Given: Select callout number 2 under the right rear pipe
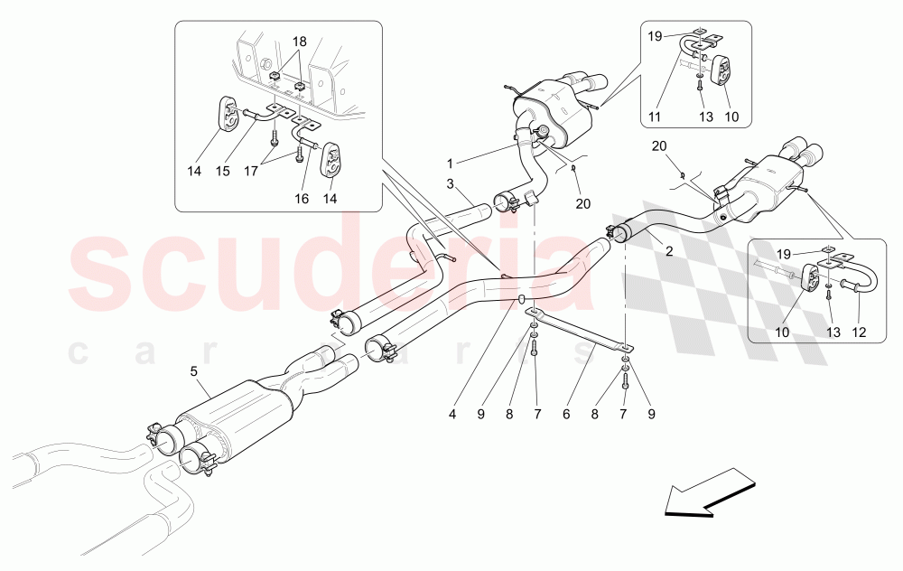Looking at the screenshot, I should (669, 252).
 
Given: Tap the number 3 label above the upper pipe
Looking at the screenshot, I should (448, 184).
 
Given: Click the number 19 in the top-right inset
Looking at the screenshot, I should (654, 37).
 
